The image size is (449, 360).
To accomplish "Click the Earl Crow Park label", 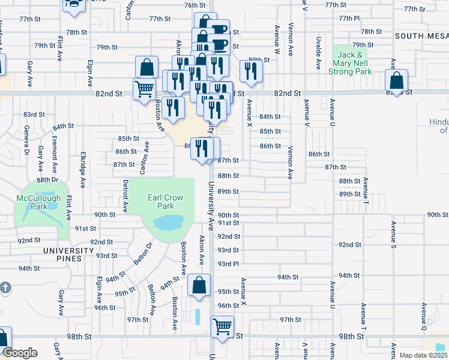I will point(166,202).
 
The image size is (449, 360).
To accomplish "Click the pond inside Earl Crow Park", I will point(169,223).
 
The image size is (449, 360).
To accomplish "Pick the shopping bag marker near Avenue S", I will point(396,80).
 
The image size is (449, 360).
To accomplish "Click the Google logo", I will point(20,353).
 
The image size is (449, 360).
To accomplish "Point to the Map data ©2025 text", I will point(423,355).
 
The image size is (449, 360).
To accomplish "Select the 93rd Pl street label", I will point(228,263).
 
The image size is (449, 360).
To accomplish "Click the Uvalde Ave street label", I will point(318,53).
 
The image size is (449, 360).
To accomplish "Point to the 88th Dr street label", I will point(47,179).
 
